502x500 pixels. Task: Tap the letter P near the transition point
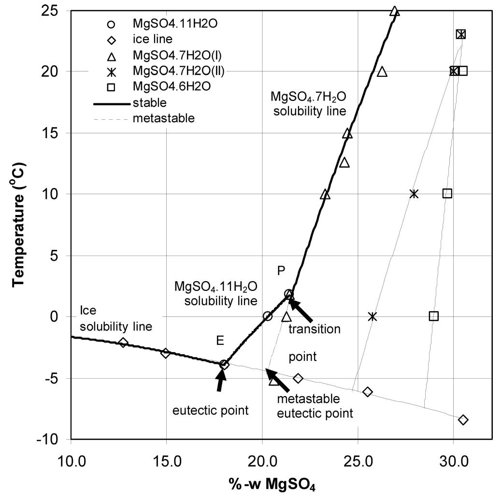(x=281, y=271)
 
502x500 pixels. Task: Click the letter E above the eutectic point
(x=220, y=341)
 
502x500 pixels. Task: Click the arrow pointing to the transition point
(x=301, y=311)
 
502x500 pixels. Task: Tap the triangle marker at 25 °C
(x=395, y=11)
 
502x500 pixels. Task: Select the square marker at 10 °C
(x=447, y=193)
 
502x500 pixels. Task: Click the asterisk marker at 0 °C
(x=372, y=316)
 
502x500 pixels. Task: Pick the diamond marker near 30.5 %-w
(x=463, y=420)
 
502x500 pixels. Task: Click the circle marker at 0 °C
(x=268, y=316)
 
